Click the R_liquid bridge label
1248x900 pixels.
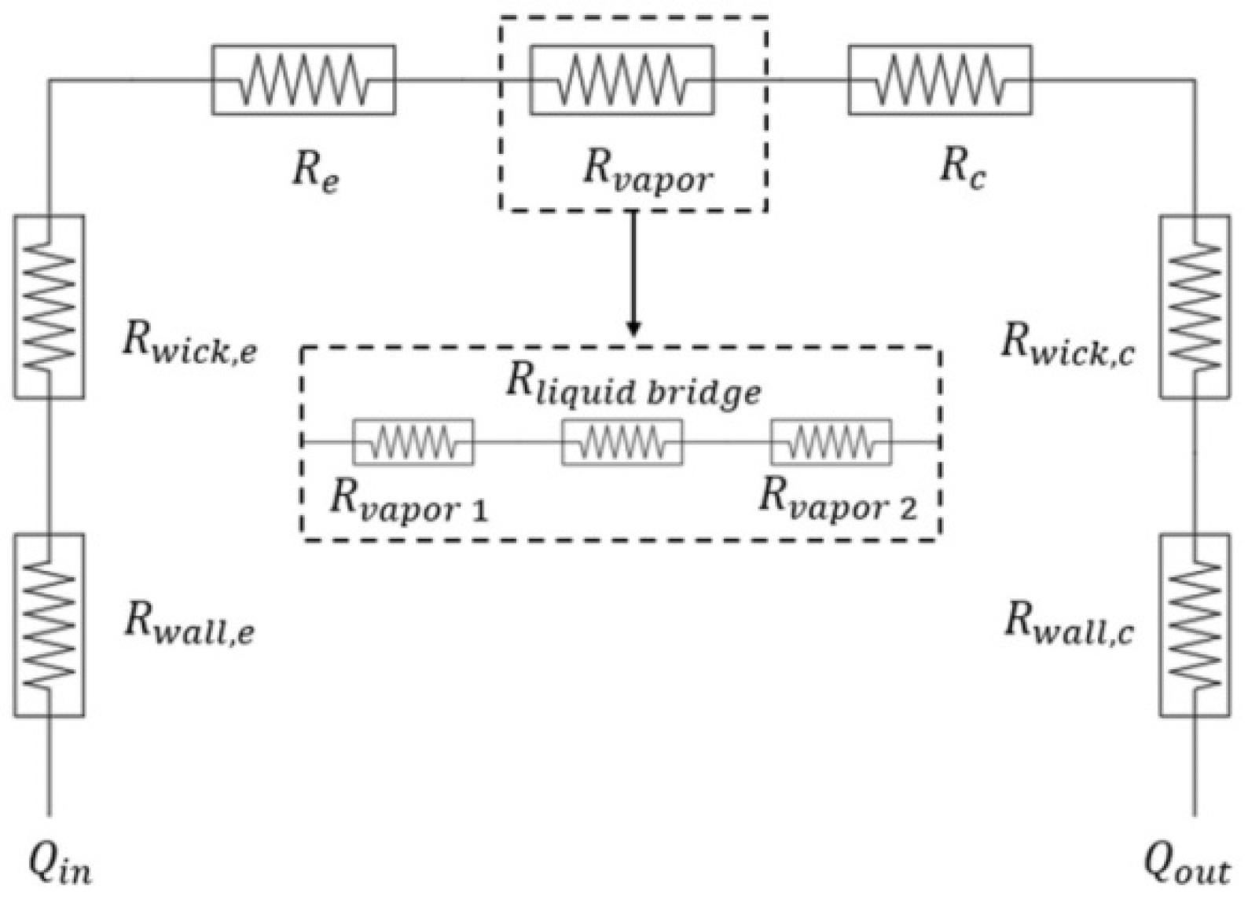click(633, 386)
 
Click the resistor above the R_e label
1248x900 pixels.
click(303, 80)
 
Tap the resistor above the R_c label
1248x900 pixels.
click(940, 80)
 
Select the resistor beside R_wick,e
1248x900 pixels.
click(49, 307)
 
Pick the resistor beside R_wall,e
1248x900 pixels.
click(49, 625)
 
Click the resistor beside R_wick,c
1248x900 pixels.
click(1195, 307)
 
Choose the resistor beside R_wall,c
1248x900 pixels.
click(1195, 625)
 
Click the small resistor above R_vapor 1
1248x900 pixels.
click(413, 442)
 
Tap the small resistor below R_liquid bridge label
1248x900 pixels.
click(622, 442)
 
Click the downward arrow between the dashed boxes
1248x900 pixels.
click(633, 273)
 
